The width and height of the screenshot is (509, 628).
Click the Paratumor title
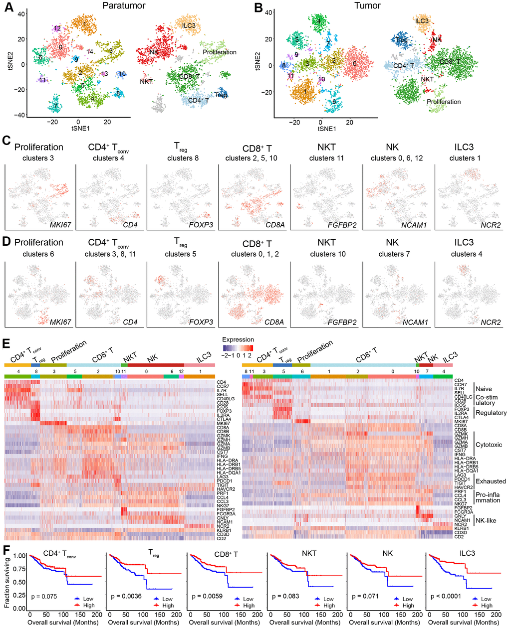point(123,6)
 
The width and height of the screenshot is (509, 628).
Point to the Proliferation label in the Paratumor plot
point(220,52)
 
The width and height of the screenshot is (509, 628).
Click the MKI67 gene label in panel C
point(60,225)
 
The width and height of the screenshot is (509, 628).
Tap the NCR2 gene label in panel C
point(491,225)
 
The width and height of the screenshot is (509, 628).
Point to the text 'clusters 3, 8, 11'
point(109,254)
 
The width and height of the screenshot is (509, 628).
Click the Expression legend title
point(238,339)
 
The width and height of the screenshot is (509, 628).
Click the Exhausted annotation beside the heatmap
point(491,481)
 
